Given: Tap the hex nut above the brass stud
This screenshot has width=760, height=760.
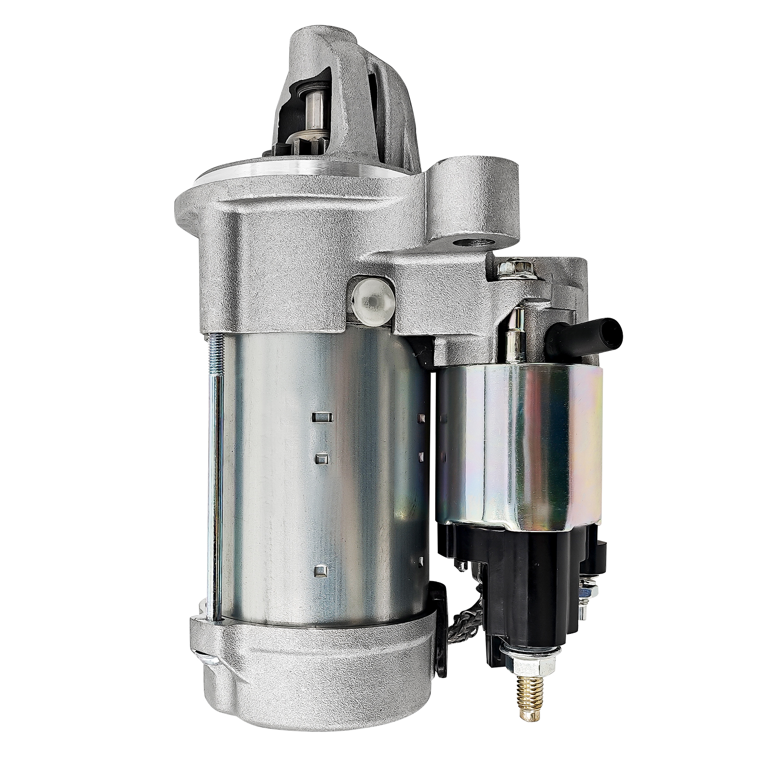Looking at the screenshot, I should coord(527,654).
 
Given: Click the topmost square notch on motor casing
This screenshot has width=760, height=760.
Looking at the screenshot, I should coord(321,417).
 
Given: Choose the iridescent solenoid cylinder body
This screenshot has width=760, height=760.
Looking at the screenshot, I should coord(522,415).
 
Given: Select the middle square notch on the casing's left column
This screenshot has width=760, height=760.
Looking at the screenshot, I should coord(321,459).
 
